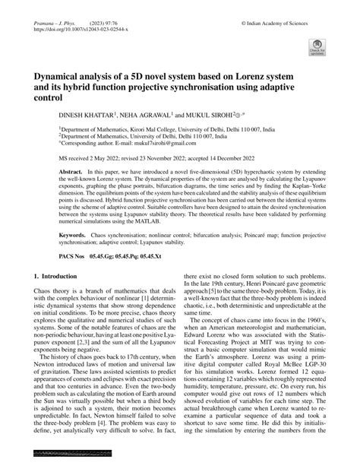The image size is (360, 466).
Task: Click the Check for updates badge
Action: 317,49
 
